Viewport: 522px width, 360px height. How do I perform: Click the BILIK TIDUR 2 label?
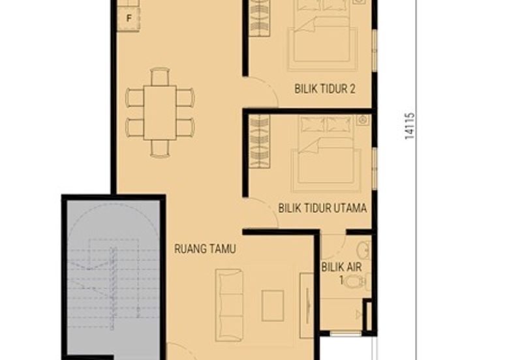324,89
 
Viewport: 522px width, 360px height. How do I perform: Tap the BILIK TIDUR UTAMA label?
322,208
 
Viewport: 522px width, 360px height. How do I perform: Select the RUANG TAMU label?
205,249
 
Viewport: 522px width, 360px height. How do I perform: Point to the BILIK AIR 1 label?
341,273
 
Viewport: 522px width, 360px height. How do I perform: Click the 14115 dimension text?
410,126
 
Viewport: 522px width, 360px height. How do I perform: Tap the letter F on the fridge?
129,18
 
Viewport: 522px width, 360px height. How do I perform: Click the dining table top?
160,112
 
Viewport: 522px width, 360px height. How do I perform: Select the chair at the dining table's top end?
160,76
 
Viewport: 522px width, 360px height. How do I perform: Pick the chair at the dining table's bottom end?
160,149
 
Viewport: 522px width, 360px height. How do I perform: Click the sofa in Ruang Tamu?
229,305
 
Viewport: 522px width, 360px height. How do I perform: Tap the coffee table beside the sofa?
273,306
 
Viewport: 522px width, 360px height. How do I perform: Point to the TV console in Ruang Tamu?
307,305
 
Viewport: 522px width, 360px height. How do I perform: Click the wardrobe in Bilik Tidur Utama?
259,141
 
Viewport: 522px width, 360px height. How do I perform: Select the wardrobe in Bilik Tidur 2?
259,18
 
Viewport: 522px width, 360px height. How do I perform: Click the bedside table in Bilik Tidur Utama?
363,120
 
